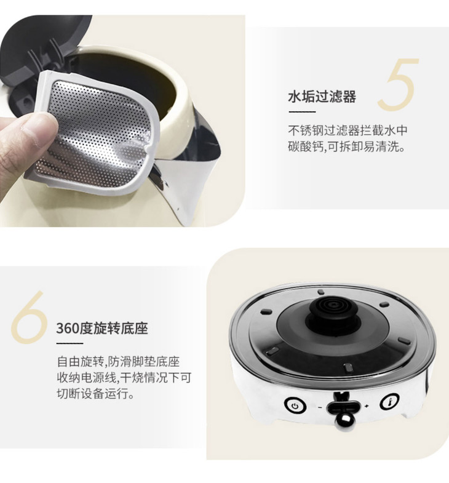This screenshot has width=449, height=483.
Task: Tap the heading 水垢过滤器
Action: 322,97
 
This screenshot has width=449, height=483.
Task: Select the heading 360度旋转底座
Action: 102,329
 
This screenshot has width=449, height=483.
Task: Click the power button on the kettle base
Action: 295,405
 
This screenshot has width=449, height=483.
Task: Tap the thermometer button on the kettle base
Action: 390,402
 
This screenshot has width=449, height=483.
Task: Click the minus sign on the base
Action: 320,407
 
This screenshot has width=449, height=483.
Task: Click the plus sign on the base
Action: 367,407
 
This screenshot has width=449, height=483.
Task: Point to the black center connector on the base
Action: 333,311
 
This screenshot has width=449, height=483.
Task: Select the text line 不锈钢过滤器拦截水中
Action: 348,130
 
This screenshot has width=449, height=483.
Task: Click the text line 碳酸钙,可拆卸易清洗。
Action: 346,146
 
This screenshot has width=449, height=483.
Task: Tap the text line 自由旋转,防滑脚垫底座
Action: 118,361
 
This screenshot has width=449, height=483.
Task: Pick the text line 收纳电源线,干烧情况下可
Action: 124,377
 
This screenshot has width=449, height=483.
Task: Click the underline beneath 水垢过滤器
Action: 302,112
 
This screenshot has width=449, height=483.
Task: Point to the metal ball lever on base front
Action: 344,419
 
